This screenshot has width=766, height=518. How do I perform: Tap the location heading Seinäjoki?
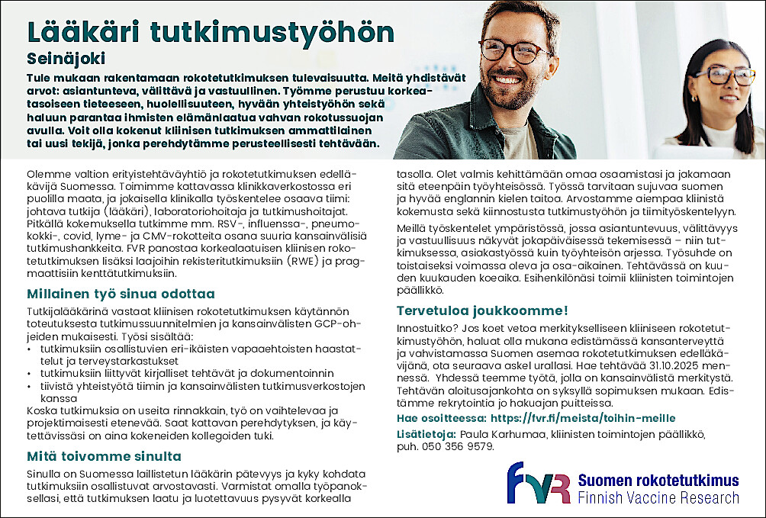tap(66, 59)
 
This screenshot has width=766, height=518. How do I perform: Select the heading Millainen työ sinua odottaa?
tap(121, 294)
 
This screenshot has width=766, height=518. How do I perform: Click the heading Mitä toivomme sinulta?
tap(104, 456)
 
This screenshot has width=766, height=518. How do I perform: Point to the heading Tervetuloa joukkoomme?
tap(482, 310)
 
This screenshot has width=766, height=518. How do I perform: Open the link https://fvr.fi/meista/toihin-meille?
tap(583, 418)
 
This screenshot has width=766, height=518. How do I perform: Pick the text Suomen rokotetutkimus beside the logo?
tap(658, 481)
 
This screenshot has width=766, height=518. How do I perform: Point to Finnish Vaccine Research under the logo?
tap(658, 498)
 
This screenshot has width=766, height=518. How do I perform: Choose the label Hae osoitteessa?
tap(441, 418)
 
